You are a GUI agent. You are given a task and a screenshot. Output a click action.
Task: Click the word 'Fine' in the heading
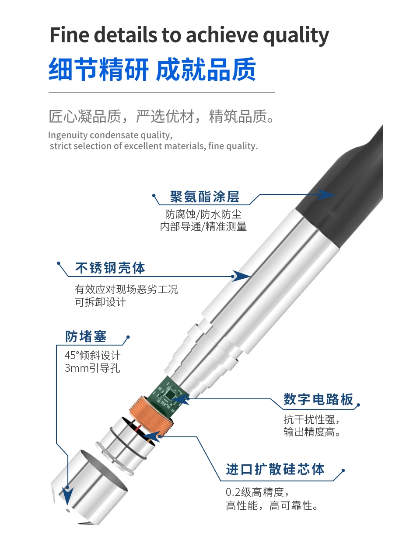pyautogui.click(x=70, y=35)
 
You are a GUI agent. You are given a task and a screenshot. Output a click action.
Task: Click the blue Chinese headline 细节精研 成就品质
pyautogui.click(x=152, y=69)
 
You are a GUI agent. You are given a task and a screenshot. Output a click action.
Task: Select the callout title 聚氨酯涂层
pyautogui.click(x=205, y=197)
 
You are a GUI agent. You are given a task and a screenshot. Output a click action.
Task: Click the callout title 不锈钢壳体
pyautogui.click(x=110, y=268)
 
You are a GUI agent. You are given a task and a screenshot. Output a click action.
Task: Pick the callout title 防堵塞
pyautogui.click(x=86, y=336)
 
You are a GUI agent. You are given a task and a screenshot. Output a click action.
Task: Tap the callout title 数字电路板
pyautogui.click(x=318, y=399)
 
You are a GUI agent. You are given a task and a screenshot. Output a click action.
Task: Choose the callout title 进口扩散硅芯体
pyautogui.click(x=275, y=469)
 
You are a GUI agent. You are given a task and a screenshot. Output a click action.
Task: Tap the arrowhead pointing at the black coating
pyautogui.click(x=325, y=194)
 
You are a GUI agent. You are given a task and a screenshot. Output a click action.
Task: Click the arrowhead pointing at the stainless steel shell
pyautogui.click(x=241, y=276)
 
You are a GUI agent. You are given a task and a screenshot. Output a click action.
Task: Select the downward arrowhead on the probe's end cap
pyautogui.click(x=67, y=495)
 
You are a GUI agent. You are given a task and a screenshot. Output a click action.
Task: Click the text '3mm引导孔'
pyautogui.click(x=92, y=368)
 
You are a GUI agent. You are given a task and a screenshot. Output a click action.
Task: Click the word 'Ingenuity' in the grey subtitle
pyautogui.click(x=68, y=135)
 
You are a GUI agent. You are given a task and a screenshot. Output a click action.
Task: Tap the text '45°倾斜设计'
pyautogui.click(x=93, y=356)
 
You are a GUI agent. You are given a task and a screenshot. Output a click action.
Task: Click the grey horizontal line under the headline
pyautogui.click(x=161, y=93)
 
